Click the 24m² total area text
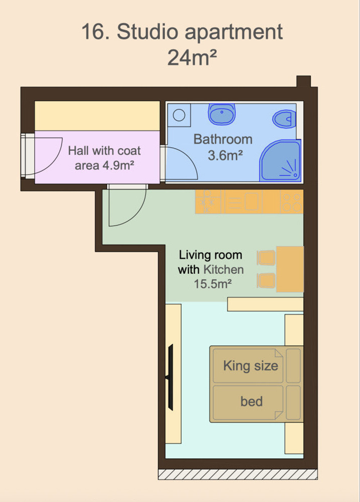click(192, 58)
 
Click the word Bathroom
click(223, 139)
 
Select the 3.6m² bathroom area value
click(225, 155)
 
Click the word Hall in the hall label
click(78, 150)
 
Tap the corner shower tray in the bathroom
click(280, 160)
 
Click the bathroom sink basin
click(222, 114)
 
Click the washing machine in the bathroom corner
click(179, 115)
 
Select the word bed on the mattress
click(252, 401)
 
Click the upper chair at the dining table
click(266, 258)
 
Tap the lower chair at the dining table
click(266, 281)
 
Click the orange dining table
click(290, 269)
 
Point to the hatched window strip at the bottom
click(238, 474)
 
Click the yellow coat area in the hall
click(97, 116)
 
